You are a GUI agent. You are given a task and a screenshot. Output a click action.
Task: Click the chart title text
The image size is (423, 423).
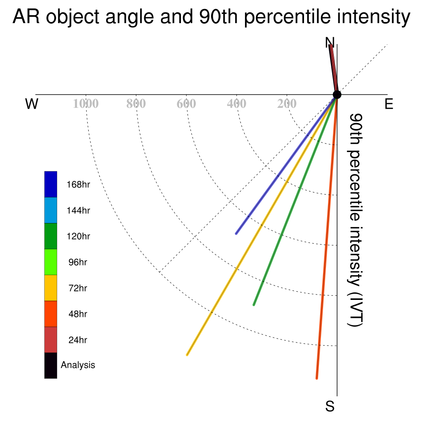pos(211,17)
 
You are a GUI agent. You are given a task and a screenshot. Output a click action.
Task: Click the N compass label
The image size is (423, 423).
pos(330,43)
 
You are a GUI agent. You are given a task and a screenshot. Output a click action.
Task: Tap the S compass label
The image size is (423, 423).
pos(330,406)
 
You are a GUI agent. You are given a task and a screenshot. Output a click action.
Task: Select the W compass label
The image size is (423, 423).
pos(32,104)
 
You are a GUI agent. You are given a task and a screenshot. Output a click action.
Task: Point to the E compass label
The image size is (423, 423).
pos(389,104)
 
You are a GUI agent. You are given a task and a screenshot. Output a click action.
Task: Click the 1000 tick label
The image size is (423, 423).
pos(86,104)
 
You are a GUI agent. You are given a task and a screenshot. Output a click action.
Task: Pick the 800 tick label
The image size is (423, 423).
pos(136,104)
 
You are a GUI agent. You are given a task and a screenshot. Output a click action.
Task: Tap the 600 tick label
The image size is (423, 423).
pos(186,104)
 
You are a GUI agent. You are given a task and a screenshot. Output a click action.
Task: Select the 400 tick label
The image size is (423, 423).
pos(236,104)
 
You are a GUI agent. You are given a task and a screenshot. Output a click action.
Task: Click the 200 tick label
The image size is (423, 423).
pos(287,104)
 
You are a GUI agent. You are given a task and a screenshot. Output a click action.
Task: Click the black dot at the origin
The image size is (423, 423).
pos(337,95)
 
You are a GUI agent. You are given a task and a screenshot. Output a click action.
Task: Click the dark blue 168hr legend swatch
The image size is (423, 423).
pos(51,184)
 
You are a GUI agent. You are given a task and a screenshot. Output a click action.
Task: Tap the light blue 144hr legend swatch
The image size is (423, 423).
pos(51,210)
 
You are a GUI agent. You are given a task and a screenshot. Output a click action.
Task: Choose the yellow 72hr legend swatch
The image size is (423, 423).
pos(51,288)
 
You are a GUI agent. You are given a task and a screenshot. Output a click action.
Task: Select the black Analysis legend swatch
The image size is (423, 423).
pos(51,366)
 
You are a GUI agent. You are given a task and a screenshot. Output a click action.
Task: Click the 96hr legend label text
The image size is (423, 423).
pos(78,262)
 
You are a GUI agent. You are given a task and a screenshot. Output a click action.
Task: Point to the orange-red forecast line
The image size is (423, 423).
pos(327,237)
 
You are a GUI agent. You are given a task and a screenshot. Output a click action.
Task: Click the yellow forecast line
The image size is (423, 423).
pos(262,225)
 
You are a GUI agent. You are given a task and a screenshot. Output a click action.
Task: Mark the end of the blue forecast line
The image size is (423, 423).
pos(236,234)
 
